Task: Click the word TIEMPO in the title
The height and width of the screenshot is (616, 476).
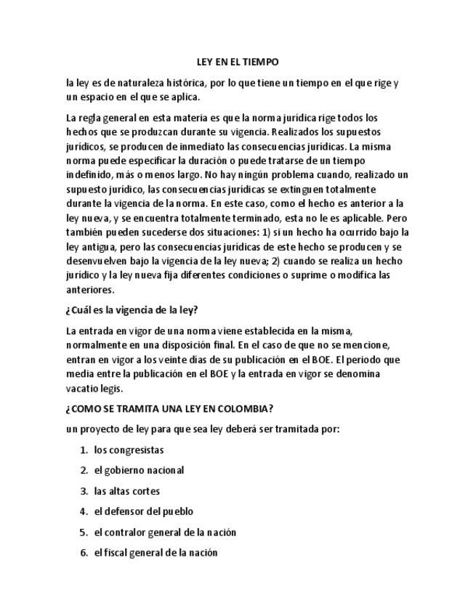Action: (x=259, y=62)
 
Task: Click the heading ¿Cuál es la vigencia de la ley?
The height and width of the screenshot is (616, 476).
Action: (x=131, y=310)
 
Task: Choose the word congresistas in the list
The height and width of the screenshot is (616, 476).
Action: (x=129, y=450)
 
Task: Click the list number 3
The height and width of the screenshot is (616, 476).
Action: (x=84, y=491)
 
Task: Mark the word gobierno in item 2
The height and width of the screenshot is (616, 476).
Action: (x=124, y=470)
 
